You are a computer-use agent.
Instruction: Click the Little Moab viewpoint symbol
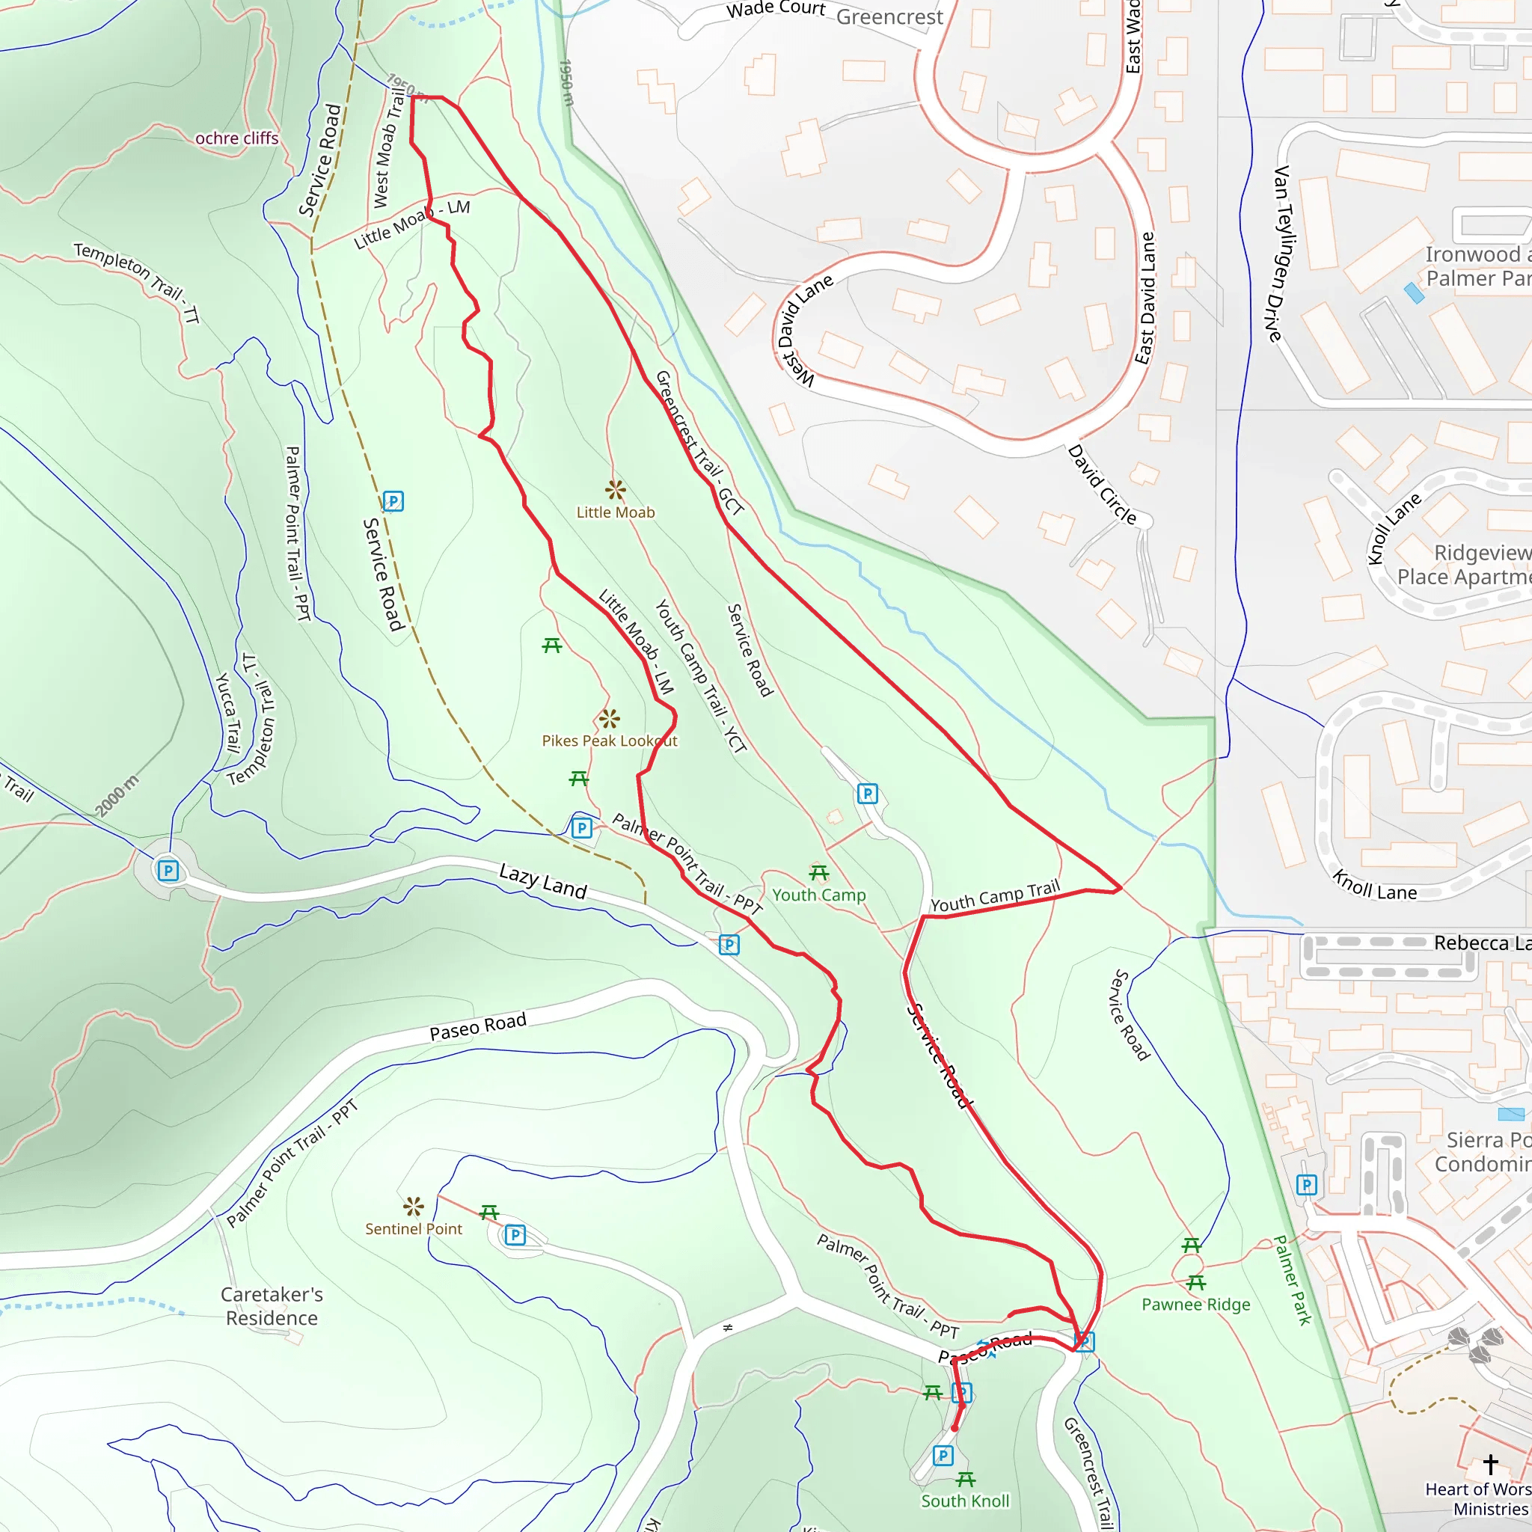click(616, 490)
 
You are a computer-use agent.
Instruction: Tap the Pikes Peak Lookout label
click(609, 741)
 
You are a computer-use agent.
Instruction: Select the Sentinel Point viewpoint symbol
click(413, 1207)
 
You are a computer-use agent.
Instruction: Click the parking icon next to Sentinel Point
click(515, 1234)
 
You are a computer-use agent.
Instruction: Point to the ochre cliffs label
click(236, 138)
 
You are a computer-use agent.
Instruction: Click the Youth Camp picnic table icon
click(818, 873)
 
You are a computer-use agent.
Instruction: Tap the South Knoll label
click(964, 1501)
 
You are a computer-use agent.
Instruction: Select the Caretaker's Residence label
click(272, 1305)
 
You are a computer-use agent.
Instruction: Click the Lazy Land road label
click(542, 881)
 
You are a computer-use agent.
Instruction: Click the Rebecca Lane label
click(1481, 943)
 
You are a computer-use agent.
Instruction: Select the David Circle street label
click(1101, 485)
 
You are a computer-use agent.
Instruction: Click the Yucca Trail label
click(228, 712)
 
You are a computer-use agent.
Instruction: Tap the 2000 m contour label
click(117, 795)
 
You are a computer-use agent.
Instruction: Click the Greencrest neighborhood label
click(889, 16)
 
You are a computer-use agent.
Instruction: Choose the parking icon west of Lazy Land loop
click(168, 871)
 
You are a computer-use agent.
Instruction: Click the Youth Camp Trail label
click(994, 896)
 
